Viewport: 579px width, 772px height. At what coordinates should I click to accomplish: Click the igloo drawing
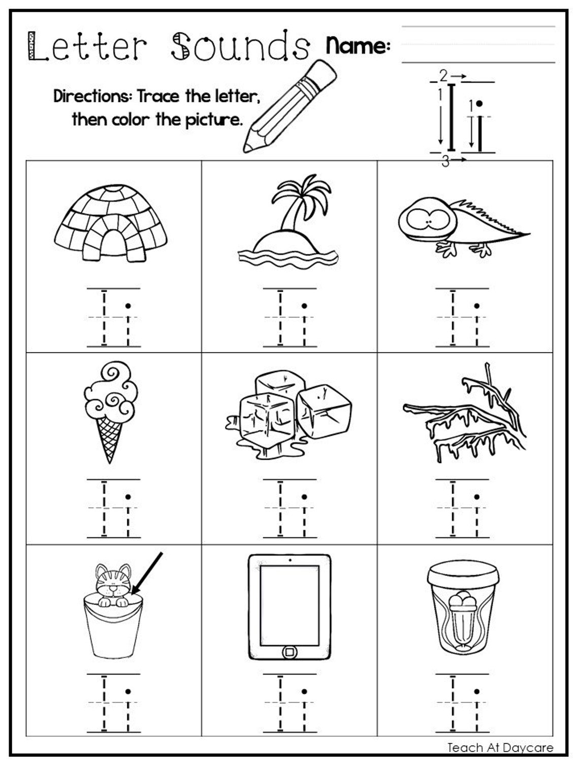click(x=113, y=223)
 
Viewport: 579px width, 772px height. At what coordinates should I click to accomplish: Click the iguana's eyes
click(x=430, y=221)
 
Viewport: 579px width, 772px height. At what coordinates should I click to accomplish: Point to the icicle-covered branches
click(x=465, y=416)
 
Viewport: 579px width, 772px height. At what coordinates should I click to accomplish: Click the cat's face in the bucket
click(x=113, y=584)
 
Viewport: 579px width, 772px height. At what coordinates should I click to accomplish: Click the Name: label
click(x=358, y=46)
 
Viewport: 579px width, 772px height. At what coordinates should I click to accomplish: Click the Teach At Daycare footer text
click(x=500, y=747)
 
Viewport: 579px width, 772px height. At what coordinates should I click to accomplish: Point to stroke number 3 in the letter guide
click(x=445, y=162)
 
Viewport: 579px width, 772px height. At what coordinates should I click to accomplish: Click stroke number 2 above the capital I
click(x=443, y=76)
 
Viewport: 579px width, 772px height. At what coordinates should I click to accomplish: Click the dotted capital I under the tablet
click(x=280, y=703)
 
